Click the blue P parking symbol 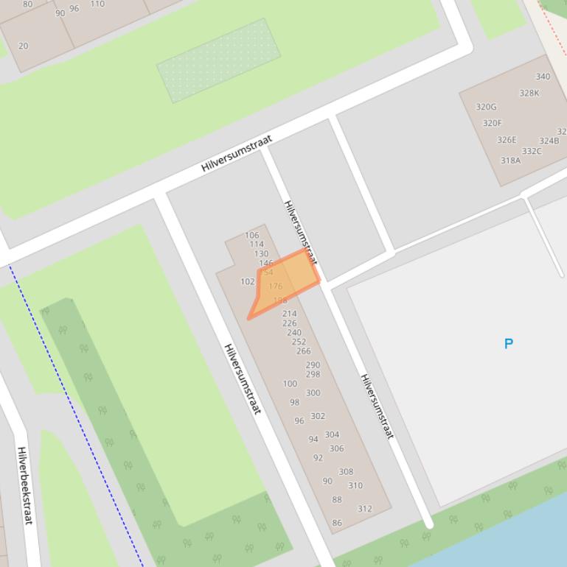508,343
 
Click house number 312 364,508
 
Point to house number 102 247,281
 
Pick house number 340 543,77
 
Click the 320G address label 486,107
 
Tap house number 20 23,46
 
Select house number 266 303,351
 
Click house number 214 289,314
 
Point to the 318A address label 510,161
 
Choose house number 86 337,523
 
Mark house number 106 252,236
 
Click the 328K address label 529,93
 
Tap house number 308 346,472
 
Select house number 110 97,4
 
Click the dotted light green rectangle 218,61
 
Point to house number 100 290,384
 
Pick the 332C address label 532,152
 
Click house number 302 318,416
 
